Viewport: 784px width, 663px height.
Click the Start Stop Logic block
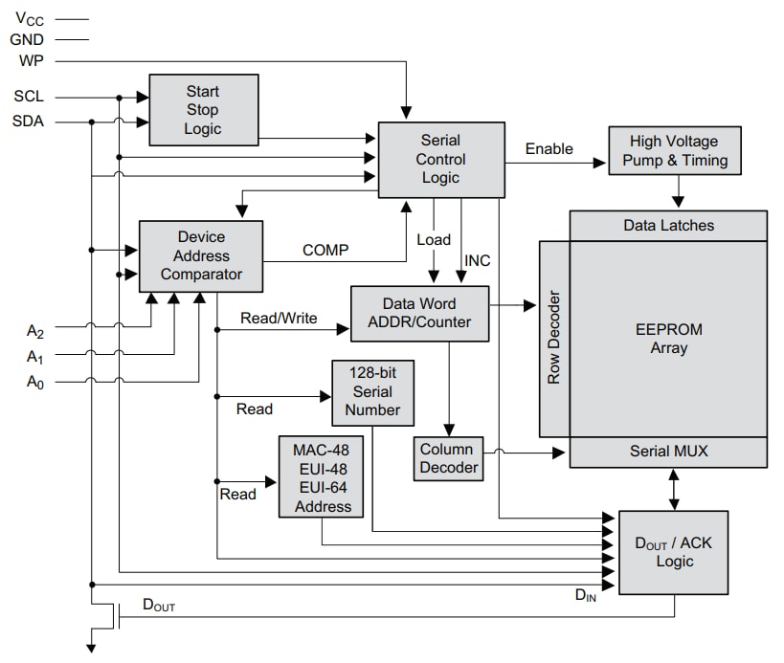click(203, 110)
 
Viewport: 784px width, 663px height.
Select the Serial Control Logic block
click(440, 159)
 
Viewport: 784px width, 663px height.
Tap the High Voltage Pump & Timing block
click(675, 151)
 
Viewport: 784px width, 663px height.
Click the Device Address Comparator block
click(201, 255)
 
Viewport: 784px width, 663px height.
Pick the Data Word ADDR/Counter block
click(419, 313)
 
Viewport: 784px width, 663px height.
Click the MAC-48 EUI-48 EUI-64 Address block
click(321, 475)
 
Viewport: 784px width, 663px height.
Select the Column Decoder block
click(447, 458)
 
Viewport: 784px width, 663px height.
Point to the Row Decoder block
click(553, 338)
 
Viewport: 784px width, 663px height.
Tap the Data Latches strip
click(668, 226)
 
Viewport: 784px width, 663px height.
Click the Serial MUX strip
click(668, 451)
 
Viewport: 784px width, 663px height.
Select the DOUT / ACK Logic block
click(674, 552)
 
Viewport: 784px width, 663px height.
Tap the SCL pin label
click(29, 97)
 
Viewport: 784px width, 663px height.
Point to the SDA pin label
click(29, 122)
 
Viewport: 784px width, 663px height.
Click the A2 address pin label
click(34, 332)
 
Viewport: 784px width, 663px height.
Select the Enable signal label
click(549, 148)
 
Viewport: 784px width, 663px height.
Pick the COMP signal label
click(325, 250)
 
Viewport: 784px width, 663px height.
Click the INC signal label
click(477, 260)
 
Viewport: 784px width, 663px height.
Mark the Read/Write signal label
click(279, 318)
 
